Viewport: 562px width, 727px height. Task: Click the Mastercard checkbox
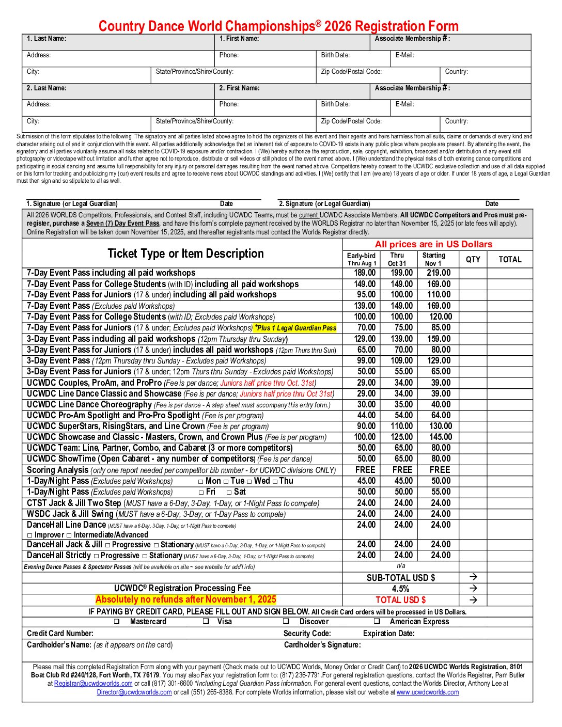pos(117,622)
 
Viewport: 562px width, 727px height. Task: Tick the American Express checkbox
pos(377,622)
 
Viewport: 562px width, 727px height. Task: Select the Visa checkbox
pos(206,622)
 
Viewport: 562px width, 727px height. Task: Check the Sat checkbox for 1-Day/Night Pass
pos(229,493)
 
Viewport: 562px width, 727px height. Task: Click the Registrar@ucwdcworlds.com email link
pos(93,684)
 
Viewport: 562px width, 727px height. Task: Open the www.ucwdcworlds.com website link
pos(428,692)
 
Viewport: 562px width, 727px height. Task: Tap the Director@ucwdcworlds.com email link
pos(134,692)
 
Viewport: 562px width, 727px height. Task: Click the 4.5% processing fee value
pos(400,589)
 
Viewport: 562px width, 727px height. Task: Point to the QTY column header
pos(473,259)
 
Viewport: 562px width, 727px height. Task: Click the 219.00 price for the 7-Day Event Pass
pos(439,273)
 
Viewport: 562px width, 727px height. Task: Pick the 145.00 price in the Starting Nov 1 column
pos(441,437)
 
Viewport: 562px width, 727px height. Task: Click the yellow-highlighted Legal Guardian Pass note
pos(295,328)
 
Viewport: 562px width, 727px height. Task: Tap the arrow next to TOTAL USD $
pos(473,600)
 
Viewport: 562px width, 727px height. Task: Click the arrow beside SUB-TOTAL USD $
pos(473,577)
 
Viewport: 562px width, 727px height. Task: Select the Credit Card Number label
pos(60,634)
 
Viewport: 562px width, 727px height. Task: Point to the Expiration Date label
pos(388,634)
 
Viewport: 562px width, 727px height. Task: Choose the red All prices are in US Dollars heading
pos(433,244)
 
